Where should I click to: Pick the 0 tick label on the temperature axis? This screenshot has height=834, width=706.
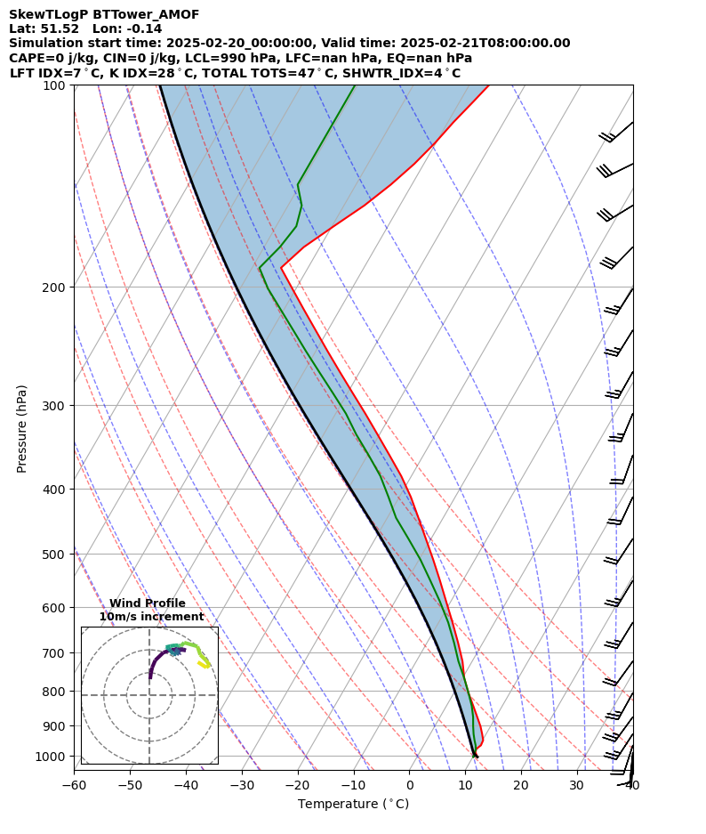[x=410, y=785]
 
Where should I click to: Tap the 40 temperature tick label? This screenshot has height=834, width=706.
[x=633, y=785]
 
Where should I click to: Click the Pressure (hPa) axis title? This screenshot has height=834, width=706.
[x=22, y=428]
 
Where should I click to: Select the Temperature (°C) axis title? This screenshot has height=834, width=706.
[x=353, y=805]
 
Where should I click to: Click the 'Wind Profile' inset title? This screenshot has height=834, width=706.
[x=148, y=603]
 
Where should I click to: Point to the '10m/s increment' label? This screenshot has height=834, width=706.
[x=151, y=617]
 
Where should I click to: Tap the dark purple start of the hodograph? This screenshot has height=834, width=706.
[x=149, y=677]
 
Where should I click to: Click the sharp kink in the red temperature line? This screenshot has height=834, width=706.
[x=281, y=268]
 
